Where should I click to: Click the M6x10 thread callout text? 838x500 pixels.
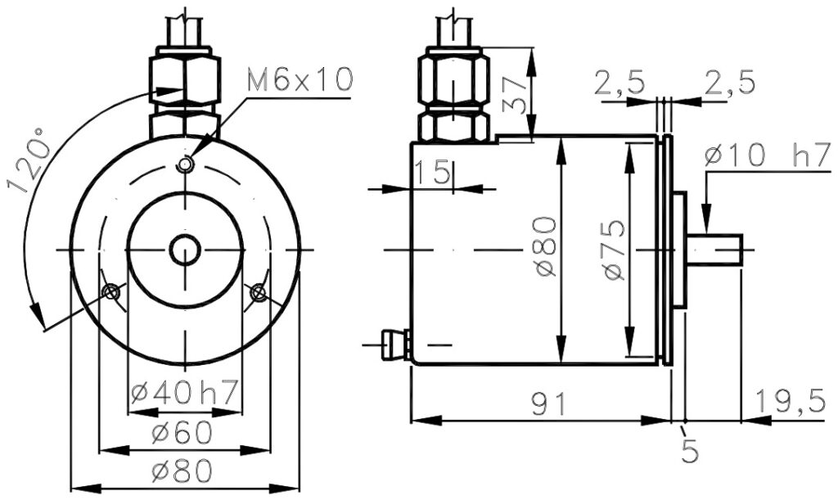click(x=300, y=79)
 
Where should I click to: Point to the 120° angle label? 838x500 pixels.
click(x=27, y=160)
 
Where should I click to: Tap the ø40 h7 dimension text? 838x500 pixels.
click(x=184, y=394)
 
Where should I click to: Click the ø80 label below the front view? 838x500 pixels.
click(x=182, y=471)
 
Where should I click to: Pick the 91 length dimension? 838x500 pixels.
click(x=549, y=404)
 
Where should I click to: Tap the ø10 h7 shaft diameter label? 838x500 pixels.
click(x=768, y=155)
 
